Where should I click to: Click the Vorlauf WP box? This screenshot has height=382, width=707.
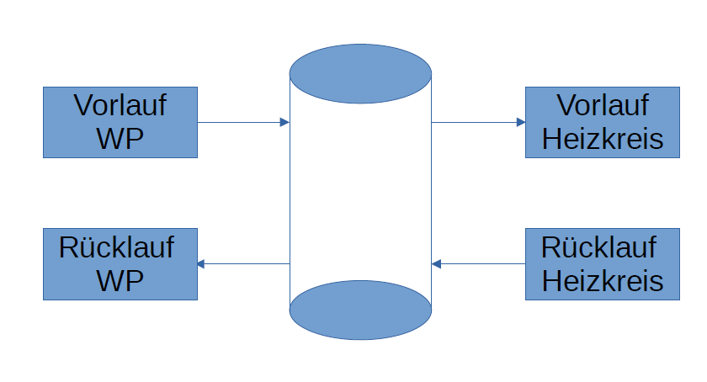tap(120, 122)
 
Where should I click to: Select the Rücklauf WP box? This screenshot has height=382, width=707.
tap(120, 263)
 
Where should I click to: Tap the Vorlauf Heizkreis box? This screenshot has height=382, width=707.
tap(603, 122)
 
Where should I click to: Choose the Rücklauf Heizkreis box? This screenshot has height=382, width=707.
tap(603, 263)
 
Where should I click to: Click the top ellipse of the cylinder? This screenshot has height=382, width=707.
tap(360, 74)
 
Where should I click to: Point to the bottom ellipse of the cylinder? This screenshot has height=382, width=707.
tap(360, 310)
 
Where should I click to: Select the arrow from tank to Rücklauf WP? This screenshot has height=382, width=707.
tap(244, 263)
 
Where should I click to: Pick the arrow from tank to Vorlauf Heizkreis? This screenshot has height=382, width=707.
tap(478, 122)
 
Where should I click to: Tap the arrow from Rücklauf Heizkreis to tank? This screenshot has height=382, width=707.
tap(478, 264)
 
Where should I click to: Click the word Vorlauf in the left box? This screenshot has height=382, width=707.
tap(120, 106)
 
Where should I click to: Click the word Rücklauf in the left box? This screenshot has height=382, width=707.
tap(117, 247)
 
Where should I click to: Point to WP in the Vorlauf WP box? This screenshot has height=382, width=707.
tap(120, 138)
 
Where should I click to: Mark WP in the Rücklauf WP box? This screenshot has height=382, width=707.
tap(120, 280)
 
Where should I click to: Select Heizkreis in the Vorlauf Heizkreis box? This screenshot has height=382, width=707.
tap(603, 139)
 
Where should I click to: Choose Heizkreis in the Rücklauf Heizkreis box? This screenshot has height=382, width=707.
tap(603, 280)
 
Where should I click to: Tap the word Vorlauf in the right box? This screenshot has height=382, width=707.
tap(603, 106)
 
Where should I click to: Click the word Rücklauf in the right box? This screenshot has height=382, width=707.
tap(599, 247)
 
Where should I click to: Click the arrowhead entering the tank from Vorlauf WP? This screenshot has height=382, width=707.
tap(284, 122)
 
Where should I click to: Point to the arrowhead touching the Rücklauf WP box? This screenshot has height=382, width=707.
tap(201, 263)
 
